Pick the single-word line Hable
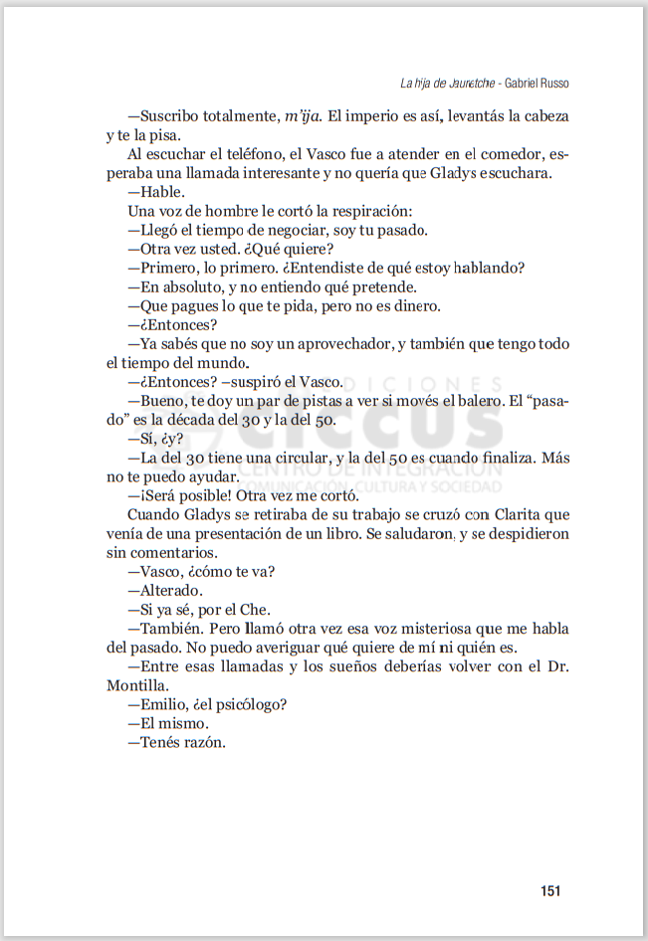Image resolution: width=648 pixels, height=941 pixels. pyautogui.click(x=162, y=192)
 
